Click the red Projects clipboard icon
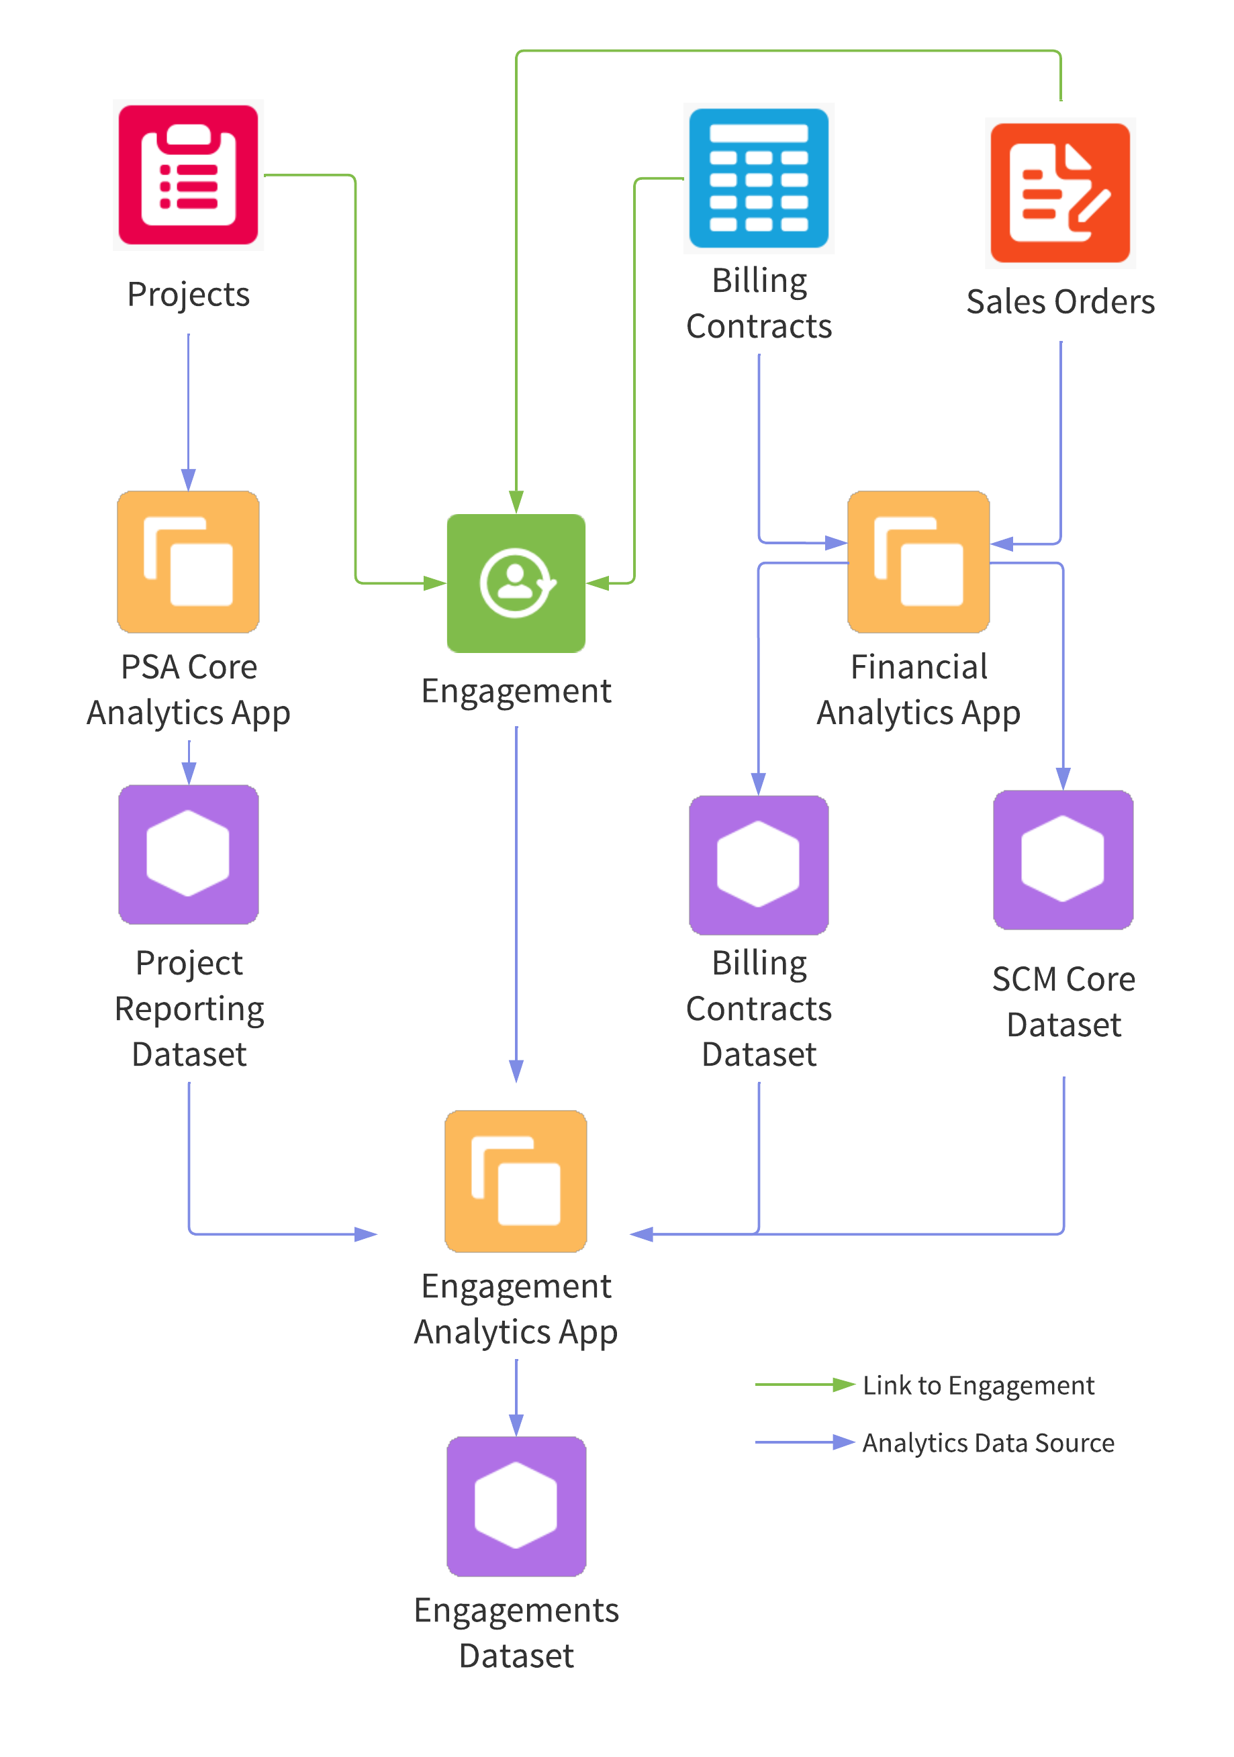(x=188, y=175)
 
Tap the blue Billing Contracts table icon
(x=759, y=179)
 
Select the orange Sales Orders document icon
(x=1059, y=193)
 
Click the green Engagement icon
(x=516, y=583)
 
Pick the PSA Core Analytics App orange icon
(x=188, y=562)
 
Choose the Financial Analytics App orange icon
(x=918, y=562)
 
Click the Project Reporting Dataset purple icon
(x=188, y=854)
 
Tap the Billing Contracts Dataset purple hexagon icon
(x=759, y=864)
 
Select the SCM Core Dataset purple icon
(x=1063, y=859)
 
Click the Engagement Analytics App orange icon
(x=516, y=1181)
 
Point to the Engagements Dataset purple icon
(x=516, y=1506)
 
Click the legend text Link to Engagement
(x=978, y=1385)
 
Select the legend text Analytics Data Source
(x=988, y=1442)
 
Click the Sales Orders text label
(x=1060, y=301)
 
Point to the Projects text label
(x=188, y=295)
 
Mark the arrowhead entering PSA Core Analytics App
(x=188, y=480)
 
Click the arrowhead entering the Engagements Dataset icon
(x=516, y=1425)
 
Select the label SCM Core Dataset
(x=1063, y=1002)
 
